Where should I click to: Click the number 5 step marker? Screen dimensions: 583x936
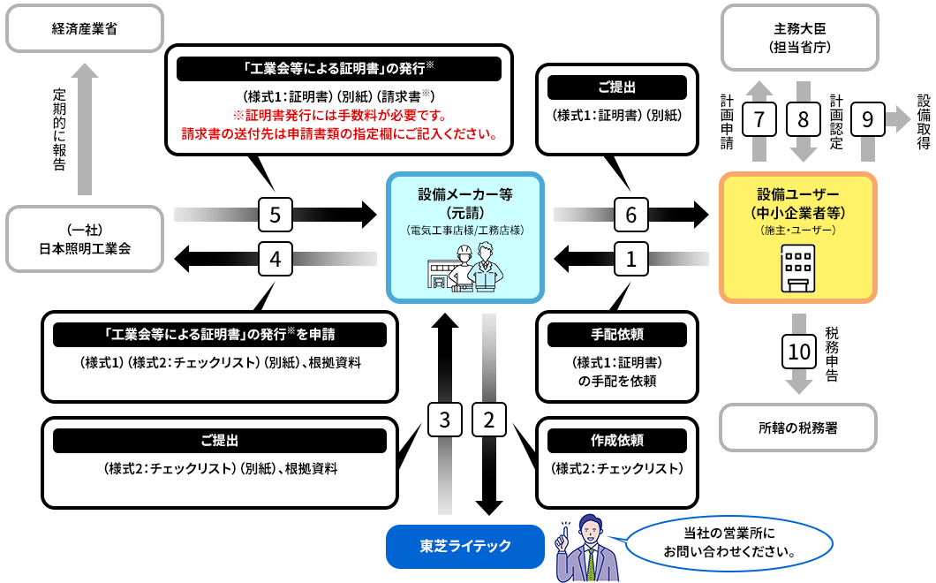coord(276,213)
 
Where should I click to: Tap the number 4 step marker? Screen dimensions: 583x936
coord(276,259)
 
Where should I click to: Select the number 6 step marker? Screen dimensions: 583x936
coord(630,213)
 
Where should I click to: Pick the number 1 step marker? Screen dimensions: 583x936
coord(630,259)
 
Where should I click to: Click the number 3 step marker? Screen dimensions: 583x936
coord(445,420)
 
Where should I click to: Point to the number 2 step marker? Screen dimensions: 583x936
coord(488,420)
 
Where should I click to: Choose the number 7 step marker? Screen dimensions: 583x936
coord(759,117)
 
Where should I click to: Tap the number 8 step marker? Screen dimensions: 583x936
coord(803,117)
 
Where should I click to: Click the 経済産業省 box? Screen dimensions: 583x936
coord(85,28)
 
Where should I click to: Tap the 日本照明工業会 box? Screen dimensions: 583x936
coord(85,238)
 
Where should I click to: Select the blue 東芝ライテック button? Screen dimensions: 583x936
coord(464,546)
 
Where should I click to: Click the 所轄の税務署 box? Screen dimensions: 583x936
coord(798,428)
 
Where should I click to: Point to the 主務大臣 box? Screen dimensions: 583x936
coord(799,38)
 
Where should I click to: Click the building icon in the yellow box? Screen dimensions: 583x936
coord(798,269)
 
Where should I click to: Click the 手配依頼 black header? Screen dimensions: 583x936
coord(616,335)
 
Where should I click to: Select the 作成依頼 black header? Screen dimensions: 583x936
coord(616,440)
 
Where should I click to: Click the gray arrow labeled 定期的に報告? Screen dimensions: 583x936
coord(84,128)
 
